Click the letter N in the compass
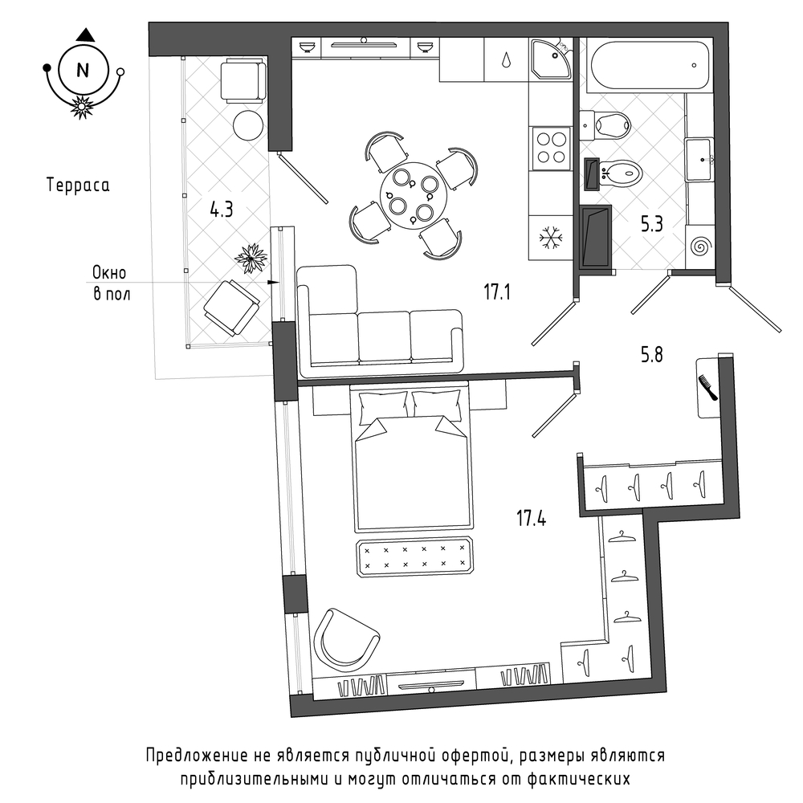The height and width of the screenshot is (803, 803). coord(83,70)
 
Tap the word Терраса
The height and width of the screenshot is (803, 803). coord(78,185)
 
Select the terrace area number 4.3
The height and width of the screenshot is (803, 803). coord(222,210)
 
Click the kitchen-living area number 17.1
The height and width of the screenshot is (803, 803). coord(497,292)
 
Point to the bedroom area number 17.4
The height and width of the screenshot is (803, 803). coord(531,518)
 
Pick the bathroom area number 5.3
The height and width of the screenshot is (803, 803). coord(652,224)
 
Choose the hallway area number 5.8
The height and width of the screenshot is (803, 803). coord(652,354)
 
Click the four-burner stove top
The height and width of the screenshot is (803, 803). coord(552,148)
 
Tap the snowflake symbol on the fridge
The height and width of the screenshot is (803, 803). coord(551,238)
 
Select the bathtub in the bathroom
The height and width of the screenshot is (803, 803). coord(650,66)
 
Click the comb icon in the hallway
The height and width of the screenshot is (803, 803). coord(707,388)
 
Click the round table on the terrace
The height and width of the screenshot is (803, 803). coord(248,125)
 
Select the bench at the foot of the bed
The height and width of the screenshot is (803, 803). coord(415,556)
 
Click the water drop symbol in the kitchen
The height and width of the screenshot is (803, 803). coord(506,59)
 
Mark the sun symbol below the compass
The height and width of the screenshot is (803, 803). coord(82,107)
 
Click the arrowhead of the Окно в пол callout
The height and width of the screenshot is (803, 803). coord(274,282)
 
